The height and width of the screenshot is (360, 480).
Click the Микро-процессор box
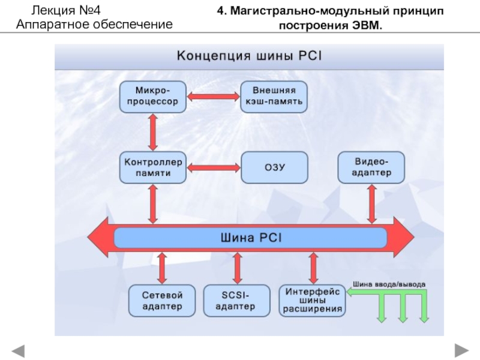(153, 97)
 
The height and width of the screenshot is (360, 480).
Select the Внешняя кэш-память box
(274, 97)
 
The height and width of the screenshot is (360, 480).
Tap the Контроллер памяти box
(153, 167)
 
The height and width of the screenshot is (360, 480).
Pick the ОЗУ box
(274, 167)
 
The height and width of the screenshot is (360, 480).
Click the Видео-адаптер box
(371, 167)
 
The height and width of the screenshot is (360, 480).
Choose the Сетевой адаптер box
(162, 301)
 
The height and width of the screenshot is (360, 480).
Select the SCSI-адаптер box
(237, 301)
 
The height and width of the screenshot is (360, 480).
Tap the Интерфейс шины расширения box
(312, 301)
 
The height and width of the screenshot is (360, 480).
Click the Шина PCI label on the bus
(251, 238)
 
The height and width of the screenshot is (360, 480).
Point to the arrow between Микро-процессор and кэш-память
(214, 97)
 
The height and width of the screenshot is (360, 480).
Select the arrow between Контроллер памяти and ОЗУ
(214, 168)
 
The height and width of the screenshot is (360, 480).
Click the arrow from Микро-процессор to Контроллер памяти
(153, 132)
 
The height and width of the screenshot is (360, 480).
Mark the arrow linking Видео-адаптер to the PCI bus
(372, 204)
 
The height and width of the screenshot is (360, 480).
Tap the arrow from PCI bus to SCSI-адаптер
(237, 268)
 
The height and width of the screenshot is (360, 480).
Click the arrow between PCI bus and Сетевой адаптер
(162, 268)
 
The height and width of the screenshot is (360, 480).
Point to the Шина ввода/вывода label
(389, 284)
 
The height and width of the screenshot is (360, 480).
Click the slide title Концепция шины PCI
(249, 56)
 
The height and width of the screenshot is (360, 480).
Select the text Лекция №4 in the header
(65, 11)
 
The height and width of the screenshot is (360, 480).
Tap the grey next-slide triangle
(461, 350)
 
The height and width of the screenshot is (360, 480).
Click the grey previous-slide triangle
(18, 351)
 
